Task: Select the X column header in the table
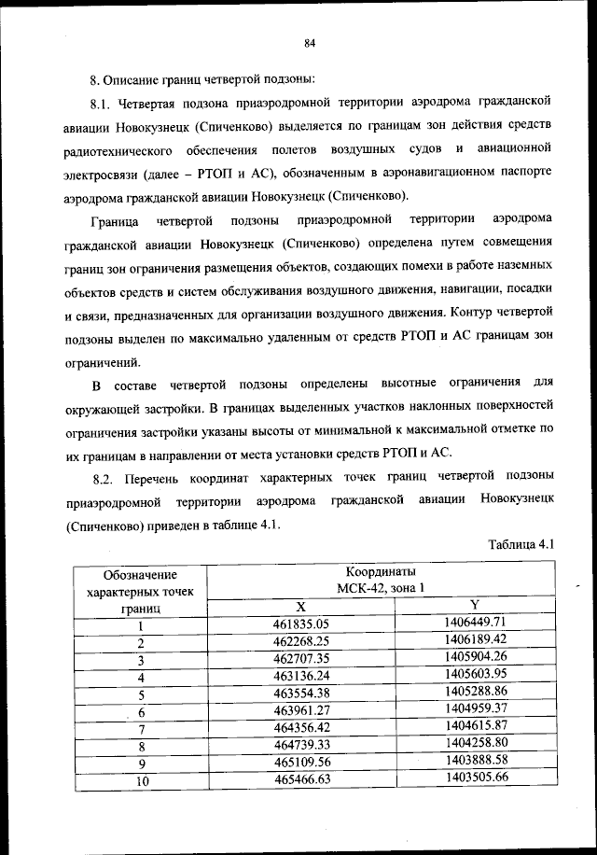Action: tap(301, 605)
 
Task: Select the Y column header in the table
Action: tap(475, 604)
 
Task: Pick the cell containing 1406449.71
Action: tap(475, 622)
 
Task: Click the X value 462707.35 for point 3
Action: tap(301, 658)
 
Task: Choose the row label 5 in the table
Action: tap(141, 694)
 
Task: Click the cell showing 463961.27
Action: tap(301, 710)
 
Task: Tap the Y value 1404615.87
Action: tap(475, 726)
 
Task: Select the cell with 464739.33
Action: tap(301, 746)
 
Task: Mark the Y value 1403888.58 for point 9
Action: tap(475, 761)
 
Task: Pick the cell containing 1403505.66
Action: tap(475, 778)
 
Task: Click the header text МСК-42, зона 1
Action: tap(381, 587)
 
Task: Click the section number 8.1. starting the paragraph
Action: tap(101, 100)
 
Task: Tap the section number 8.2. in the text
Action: tap(101, 479)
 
